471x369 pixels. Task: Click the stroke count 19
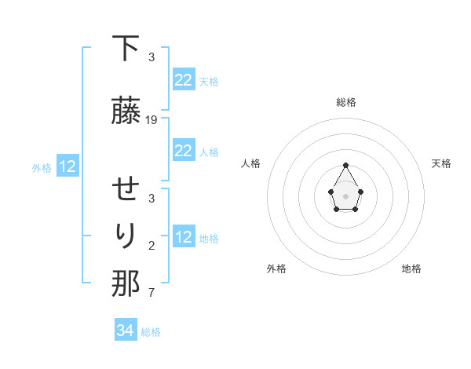[x=152, y=120]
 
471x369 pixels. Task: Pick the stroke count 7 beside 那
[x=152, y=294]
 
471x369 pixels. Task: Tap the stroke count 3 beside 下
[x=152, y=57]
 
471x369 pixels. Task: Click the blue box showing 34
[x=126, y=331]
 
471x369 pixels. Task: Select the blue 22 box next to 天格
[x=183, y=80]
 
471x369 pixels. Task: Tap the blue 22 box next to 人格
[x=183, y=151]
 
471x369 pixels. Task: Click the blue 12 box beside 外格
[x=67, y=166]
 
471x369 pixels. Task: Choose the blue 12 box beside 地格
[x=183, y=237]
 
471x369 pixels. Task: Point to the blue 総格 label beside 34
[x=151, y=332]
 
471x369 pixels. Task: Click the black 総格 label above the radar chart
[x=346, y=102]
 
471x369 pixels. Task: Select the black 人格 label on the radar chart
[x=250, y=163]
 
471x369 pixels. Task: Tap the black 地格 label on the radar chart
[x=411, y=269]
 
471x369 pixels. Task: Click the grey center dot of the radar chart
[x=346, y=195]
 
